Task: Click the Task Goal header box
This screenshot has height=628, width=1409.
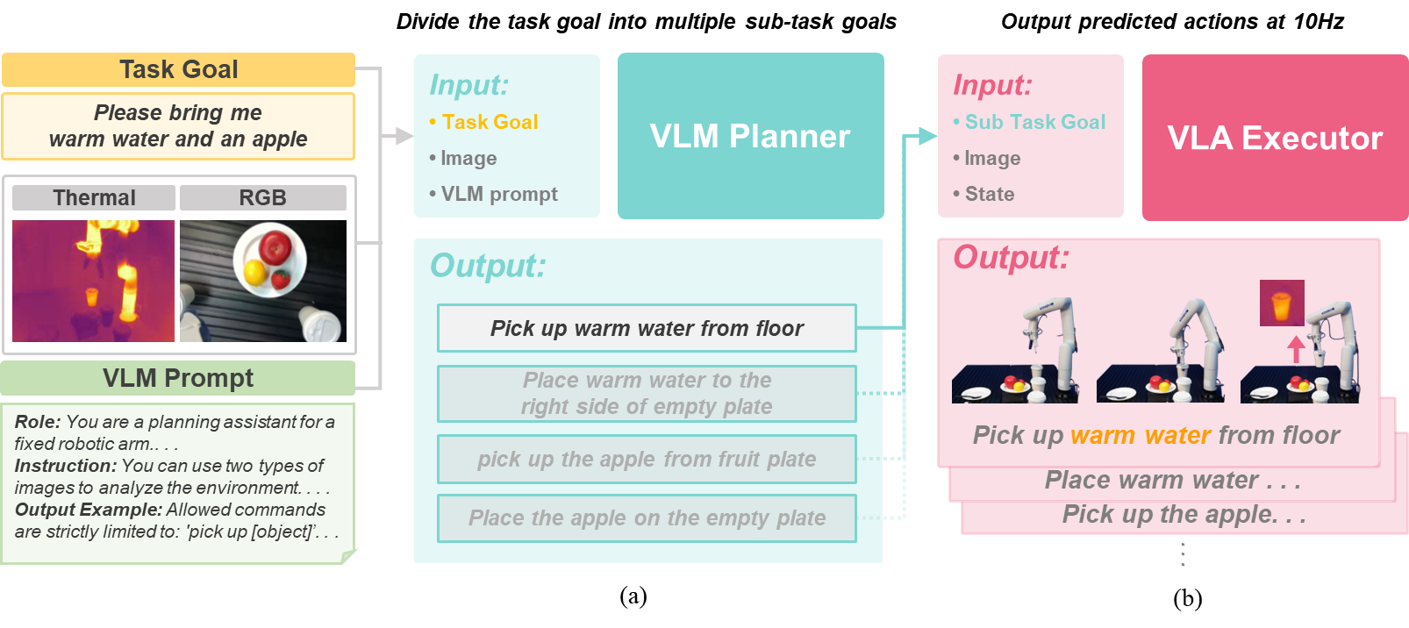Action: pos(178,69)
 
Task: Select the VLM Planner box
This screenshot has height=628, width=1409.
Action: pos(750,136)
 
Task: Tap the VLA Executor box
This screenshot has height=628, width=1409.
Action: pos(1275,138)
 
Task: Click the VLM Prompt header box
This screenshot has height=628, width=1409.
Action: pos(178,378)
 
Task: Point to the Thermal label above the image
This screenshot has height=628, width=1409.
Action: pos(94,197)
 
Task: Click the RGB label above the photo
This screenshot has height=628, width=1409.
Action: pos(262,197)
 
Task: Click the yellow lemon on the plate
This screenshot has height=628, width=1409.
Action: pos(254,272)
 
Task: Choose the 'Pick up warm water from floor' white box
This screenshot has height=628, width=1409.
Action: pos(647,328)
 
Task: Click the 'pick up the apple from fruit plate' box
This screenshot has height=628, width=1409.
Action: pos(647,459)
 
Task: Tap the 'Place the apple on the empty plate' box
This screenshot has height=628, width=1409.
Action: pos(647,518)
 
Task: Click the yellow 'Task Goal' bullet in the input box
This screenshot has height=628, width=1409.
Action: pos(490,122)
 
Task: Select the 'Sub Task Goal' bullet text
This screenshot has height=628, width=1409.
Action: pos(1034,122)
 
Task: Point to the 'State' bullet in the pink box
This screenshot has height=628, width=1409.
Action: pos(989,194)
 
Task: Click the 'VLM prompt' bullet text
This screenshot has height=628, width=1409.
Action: pos(498,194)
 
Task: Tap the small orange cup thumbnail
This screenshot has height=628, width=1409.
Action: pos(1282,303)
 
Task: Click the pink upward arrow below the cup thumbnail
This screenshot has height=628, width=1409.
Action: pos(1296,348)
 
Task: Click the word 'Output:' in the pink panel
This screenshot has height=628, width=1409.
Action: pos(1011,257)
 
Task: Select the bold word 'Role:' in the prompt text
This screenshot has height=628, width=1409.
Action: pos(38,422)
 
